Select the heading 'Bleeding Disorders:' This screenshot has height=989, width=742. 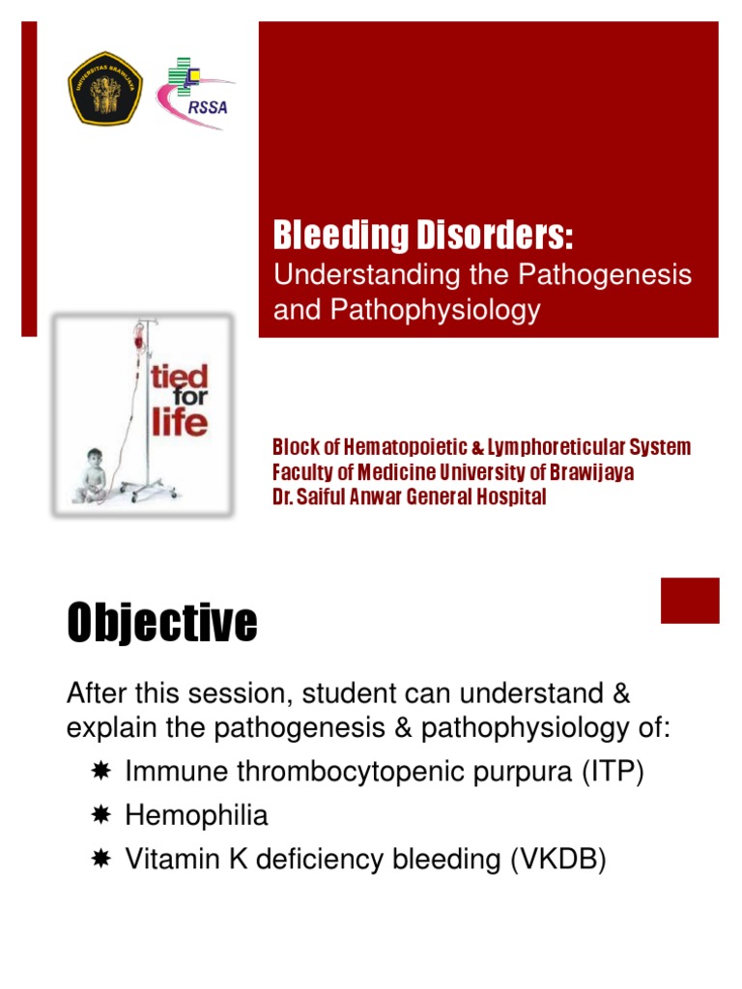[423, 236]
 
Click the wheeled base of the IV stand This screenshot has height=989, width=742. [149, 492]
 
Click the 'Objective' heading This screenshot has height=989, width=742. [161, 623]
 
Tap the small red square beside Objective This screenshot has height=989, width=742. [690, 600]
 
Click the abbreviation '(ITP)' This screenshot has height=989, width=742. [612, 773]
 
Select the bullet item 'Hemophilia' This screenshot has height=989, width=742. [197, 816]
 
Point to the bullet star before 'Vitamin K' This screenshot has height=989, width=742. [101, 859]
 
